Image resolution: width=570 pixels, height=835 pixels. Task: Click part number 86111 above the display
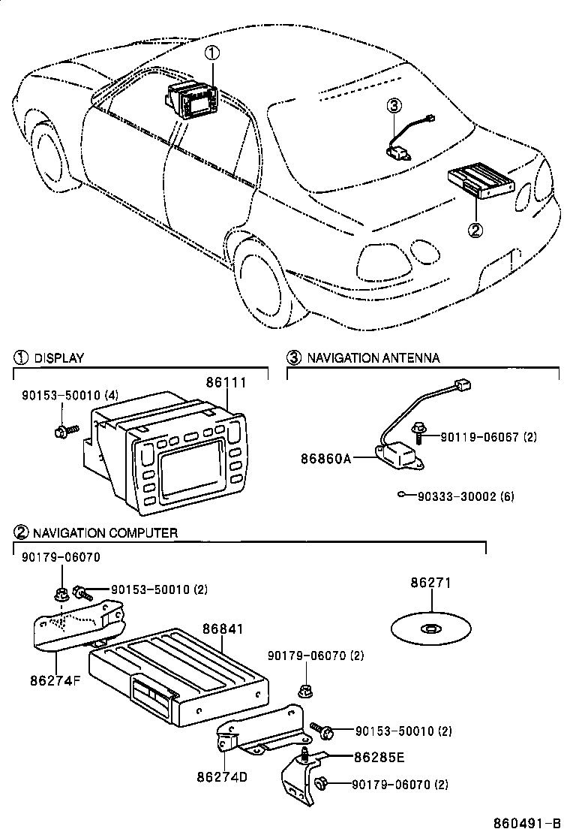click(x=226, y=382)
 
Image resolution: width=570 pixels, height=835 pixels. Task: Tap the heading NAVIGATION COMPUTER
click(x=105, y=533)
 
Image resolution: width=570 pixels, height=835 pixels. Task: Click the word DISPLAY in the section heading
click(x=59, y=358)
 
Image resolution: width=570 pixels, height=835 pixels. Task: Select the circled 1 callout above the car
click(x=213, y=53)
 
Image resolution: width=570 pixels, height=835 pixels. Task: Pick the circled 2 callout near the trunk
click(x=475, y=230)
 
